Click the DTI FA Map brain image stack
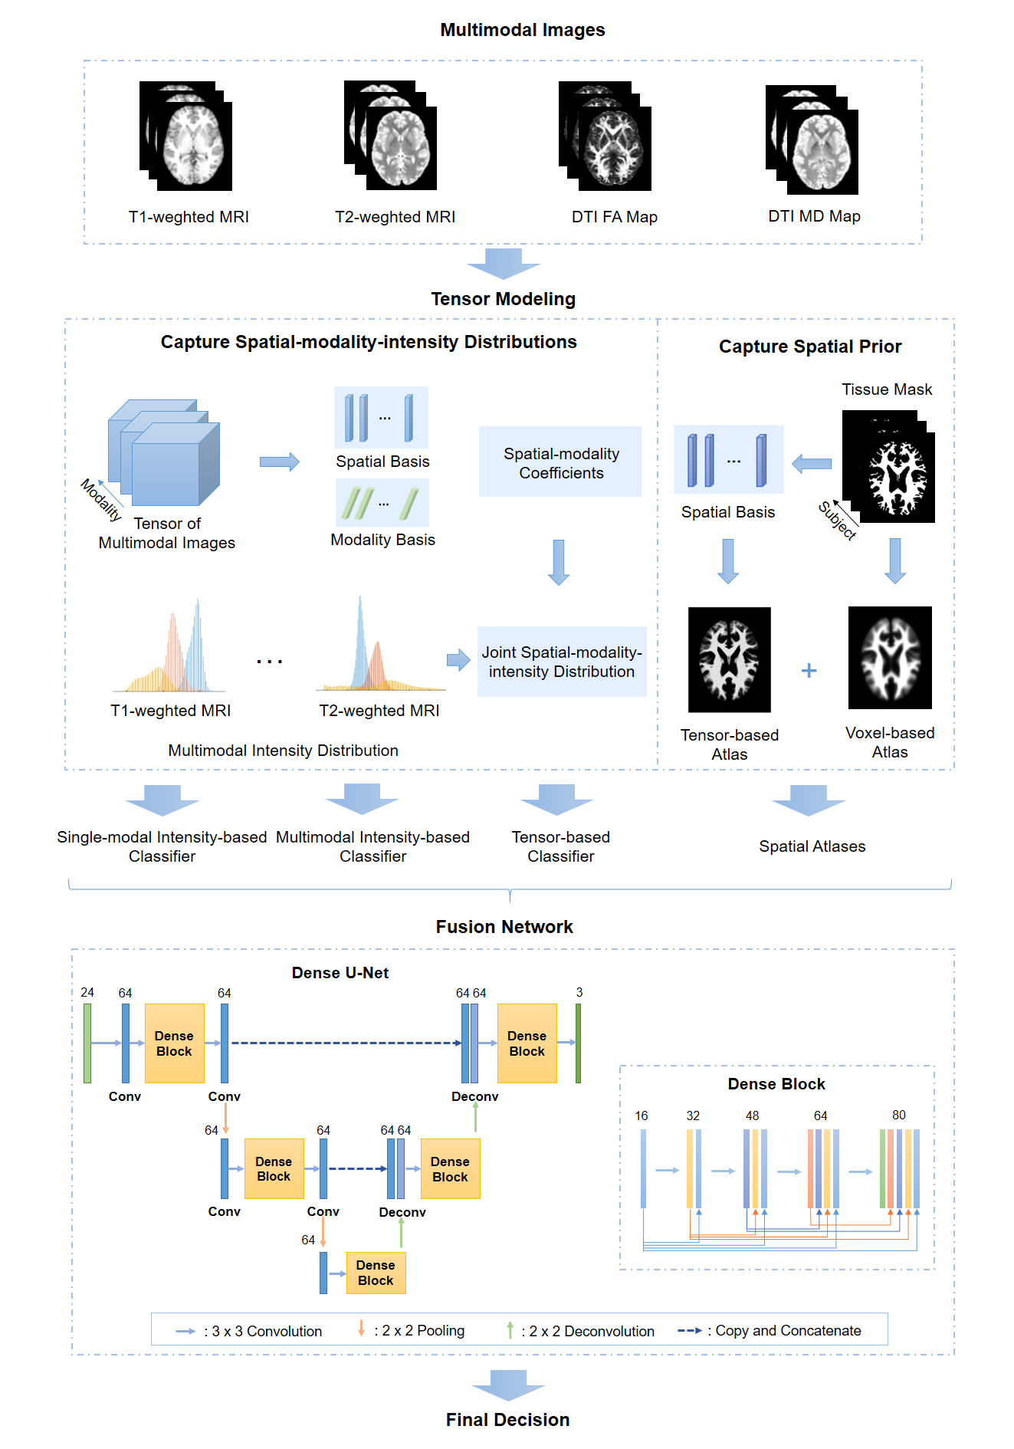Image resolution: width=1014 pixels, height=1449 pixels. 605,136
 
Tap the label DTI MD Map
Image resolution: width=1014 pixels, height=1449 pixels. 814,216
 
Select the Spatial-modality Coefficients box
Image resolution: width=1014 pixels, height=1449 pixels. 560,462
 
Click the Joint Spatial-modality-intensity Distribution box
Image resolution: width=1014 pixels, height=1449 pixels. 562,662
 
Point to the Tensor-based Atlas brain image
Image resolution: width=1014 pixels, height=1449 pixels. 729,660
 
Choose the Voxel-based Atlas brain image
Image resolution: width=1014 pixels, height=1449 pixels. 890,658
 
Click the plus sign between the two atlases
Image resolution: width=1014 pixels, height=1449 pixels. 809,671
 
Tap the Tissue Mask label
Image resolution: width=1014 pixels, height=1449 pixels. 887,389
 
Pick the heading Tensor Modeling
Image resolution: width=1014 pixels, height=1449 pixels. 503,299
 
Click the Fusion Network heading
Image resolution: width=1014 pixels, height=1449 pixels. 504,927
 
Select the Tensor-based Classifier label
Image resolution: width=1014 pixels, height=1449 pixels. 560,846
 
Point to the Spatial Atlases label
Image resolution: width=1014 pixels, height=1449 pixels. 812,846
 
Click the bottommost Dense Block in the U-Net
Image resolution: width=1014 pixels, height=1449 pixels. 376,1273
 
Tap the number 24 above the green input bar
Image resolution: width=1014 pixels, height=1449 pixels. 87,992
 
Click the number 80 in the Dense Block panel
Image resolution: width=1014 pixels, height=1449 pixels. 898,1115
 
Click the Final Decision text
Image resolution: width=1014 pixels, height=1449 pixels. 507,1420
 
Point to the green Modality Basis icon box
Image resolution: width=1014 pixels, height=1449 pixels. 382,503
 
